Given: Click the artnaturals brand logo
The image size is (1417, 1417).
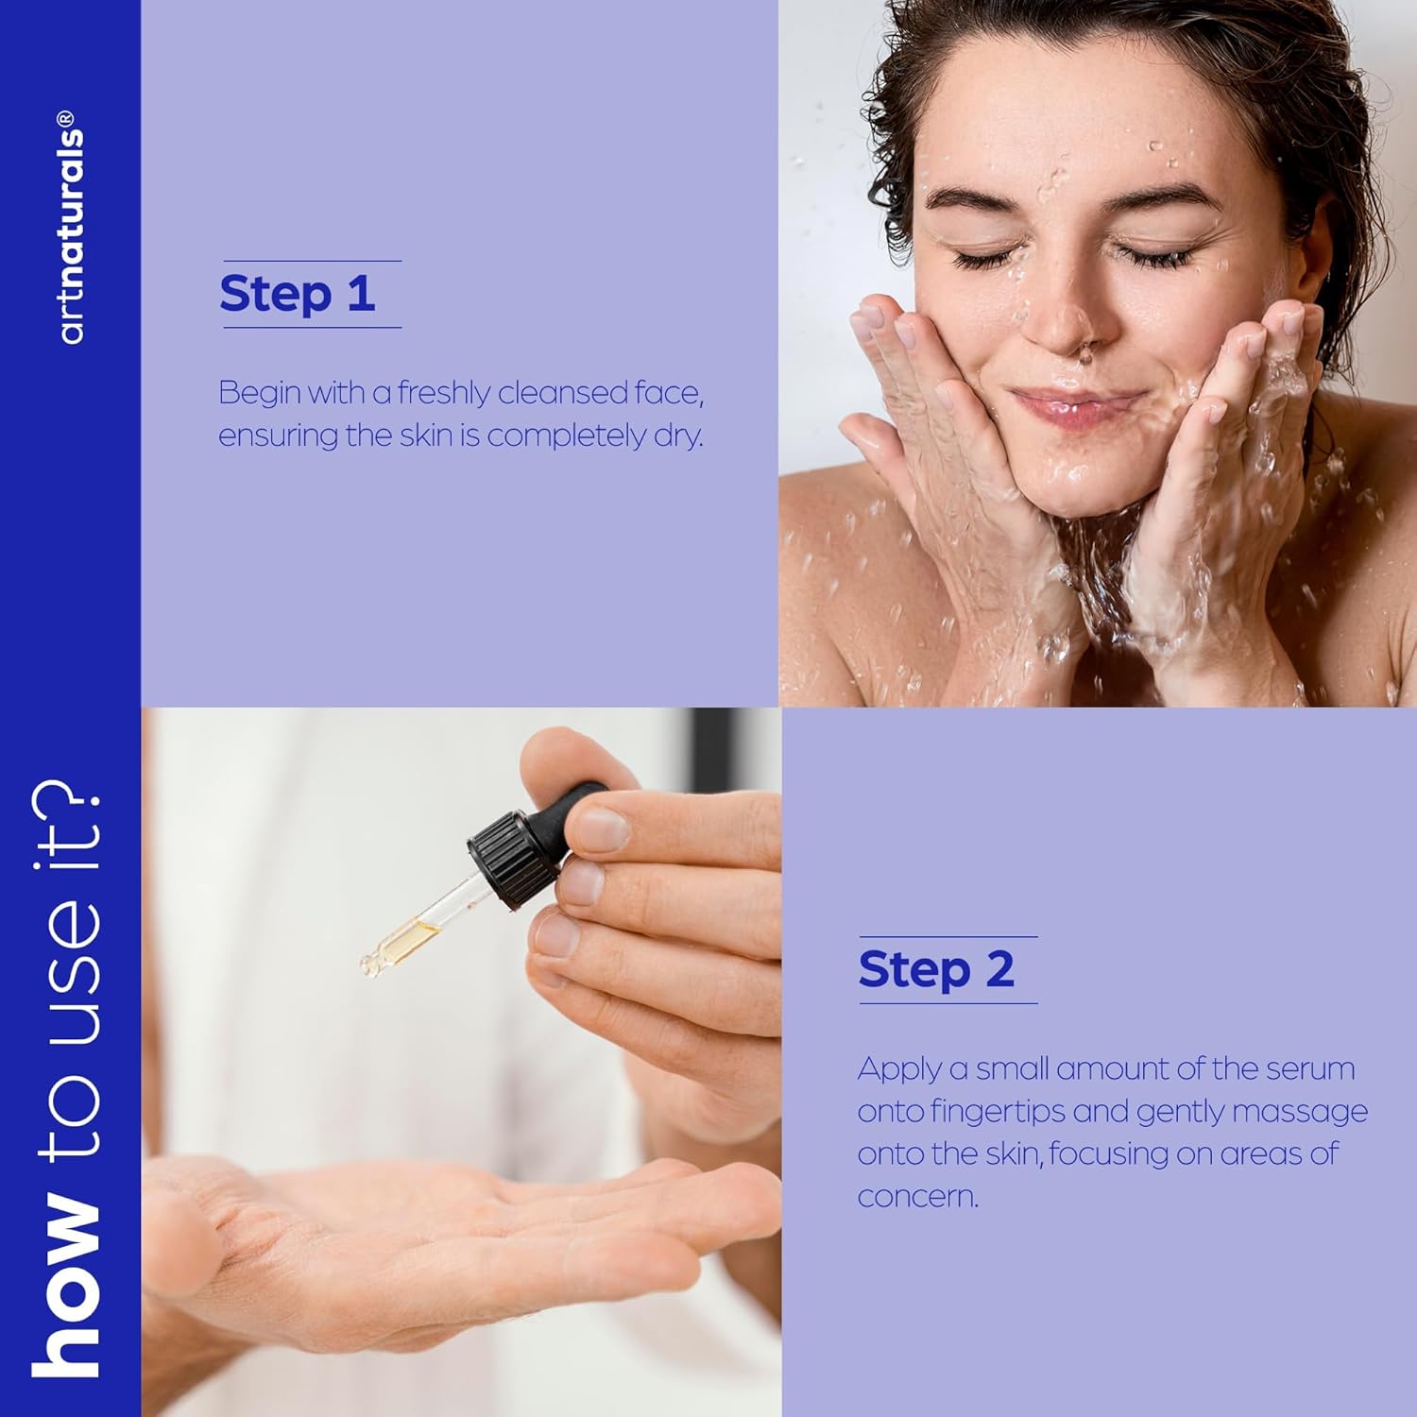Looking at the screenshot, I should pyautogui.click(x=71, y=227).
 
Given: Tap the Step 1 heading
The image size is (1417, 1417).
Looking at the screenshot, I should pyautogui.click(x=298, y=294).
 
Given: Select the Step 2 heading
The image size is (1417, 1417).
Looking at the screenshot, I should pyautogui.click(x=936, y=969).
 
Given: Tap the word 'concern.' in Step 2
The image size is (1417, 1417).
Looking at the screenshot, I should pyautogui.click(x=917, y=1197).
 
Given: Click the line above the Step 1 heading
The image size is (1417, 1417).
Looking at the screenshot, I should pyautogui.click(x=312, y=261).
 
